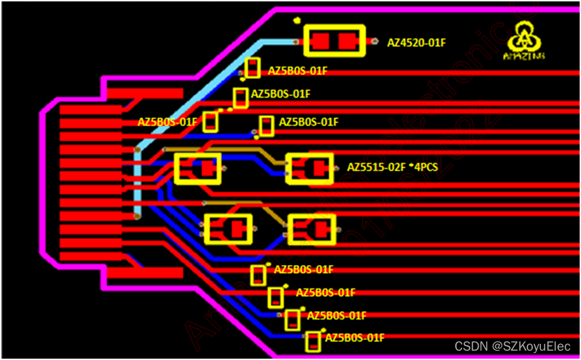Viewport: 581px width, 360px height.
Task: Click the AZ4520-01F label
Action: tap(416, 43)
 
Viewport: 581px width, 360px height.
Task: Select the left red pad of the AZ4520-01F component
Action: tap(321, 41)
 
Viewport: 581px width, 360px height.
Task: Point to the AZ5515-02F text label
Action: tap(376, 167)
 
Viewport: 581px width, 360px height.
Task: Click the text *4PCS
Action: tap(423, 167)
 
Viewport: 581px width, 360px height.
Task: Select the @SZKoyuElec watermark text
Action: tap(532, 346)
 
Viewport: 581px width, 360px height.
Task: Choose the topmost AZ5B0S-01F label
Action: tap(298, 71)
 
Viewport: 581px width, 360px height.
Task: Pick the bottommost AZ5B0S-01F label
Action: tap(354, 337)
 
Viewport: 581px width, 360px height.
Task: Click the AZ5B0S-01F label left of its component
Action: tap(168, 122)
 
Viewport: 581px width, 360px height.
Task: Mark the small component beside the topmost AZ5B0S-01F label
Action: tap(252, 68)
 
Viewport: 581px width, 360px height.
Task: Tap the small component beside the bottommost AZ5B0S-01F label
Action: tap(312, 342)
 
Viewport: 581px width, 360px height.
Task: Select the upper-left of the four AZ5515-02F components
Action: tap(197, 168)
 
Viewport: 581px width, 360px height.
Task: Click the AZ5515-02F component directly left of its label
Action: tap(310, 168)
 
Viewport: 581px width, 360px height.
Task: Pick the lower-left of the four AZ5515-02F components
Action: tap(229, 229)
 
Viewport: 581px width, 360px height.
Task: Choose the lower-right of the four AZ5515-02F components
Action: tap(312, 229)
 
